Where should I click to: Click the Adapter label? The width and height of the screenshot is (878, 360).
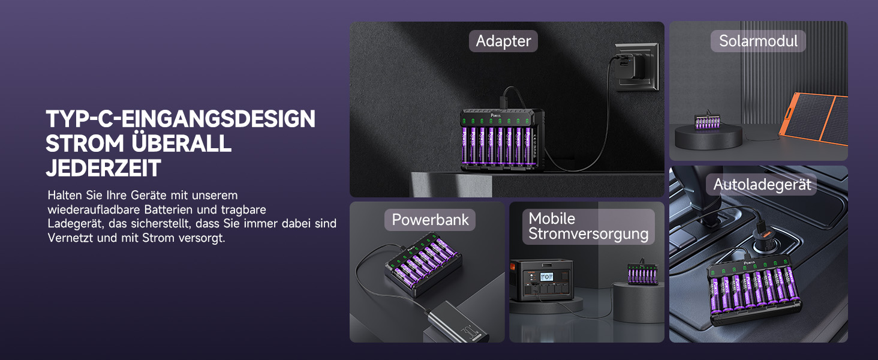[503, 41]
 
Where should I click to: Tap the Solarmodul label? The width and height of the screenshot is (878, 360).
[758, 41]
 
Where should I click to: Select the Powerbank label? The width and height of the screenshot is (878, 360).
[429, 220]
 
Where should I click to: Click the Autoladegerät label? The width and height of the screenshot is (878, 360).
[762, 184]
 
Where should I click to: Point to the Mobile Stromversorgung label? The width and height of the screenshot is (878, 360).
[588, 226]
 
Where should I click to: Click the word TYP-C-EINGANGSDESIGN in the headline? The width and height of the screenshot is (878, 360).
[181, 119]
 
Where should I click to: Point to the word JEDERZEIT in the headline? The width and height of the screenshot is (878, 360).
[104, 169]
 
